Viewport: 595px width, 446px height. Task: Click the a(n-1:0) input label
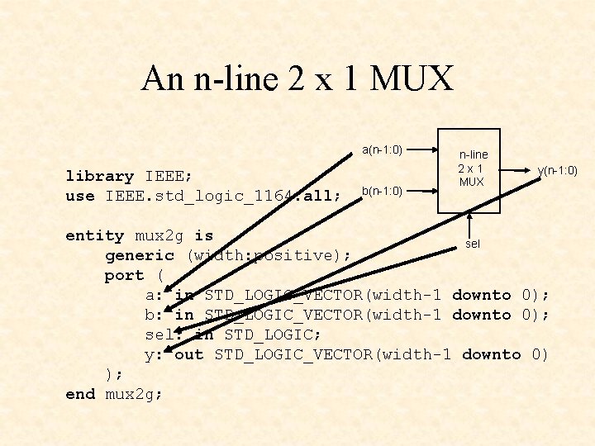[x=382, y=149]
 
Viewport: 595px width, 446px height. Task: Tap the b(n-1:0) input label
[x=382, y=191]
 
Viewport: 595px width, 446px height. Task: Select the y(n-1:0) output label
[x=557, y=171]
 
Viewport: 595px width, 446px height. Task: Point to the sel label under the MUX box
[x=473, y=244]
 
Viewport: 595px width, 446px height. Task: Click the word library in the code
[x=99, y=176]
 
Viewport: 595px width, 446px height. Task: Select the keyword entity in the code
[x=94, y=235]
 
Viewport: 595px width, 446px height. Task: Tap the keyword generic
[x=139, y=255]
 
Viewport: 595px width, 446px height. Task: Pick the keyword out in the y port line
[x=189, y=354]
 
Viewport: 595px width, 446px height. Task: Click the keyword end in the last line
[x=80, y=394]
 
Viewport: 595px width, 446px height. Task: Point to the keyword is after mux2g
[x=203, y=235]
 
